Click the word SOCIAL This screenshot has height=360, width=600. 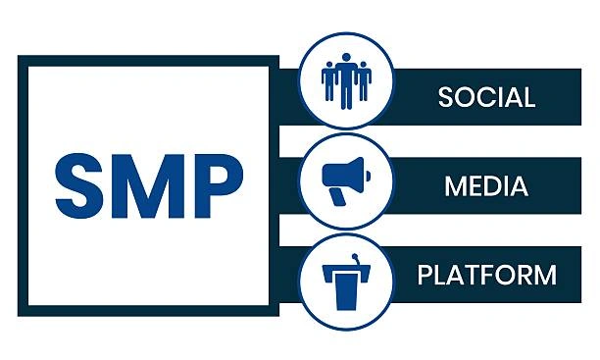(x=486, y=97)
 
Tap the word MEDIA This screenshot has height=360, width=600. (x=486, y=186)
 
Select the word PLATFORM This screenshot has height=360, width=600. (x=486, y=275)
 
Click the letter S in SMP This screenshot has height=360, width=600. (x=79, y=186)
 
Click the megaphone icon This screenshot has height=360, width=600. (x=346, y=181)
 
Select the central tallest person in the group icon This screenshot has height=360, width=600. (x=346, y=81)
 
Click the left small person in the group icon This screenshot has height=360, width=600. (x=327, y=81)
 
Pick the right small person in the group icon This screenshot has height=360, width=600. (x=364, y=81)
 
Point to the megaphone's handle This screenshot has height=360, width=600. (x=337, y=197)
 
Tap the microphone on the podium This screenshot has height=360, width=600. (x=356, y=259)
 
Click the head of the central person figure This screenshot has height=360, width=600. (x=346, y=58)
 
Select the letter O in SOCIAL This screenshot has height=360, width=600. (x=464, y=97)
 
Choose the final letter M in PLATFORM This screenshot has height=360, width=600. (x=545, y=275)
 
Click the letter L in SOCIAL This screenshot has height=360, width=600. (x=529, y=97)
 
